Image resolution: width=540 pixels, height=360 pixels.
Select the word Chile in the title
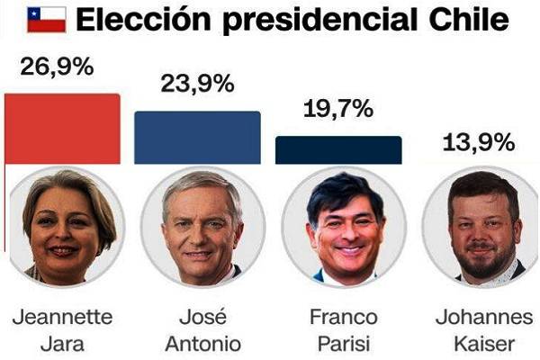tap(467, 20)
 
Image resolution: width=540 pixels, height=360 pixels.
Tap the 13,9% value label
tap(478, 141)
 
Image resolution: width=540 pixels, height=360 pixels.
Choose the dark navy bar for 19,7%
tap(337, 150)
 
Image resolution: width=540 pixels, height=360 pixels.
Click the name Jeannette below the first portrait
tap(63, 318)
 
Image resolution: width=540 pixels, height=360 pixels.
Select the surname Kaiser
tap(487, 344)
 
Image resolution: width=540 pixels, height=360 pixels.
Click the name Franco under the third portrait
tap(343, 318)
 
